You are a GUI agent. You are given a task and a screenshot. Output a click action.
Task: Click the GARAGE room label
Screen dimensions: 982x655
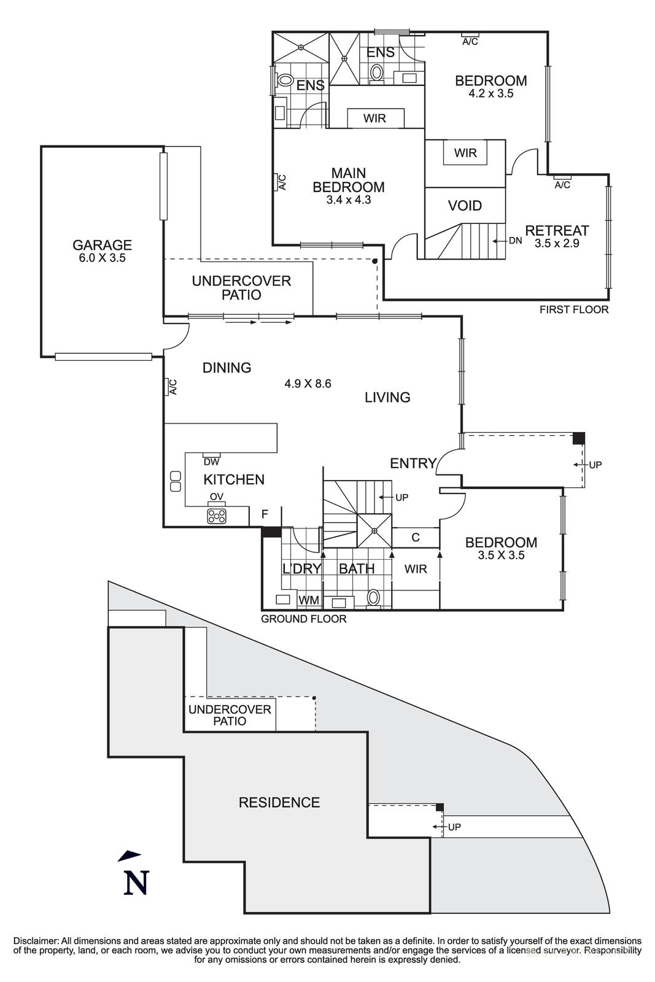coord(102,245)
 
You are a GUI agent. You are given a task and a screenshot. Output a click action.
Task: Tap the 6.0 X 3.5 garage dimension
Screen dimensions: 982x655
coord(102,258)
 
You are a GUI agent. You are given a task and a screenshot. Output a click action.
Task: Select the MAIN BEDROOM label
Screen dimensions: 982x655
coord(349,180)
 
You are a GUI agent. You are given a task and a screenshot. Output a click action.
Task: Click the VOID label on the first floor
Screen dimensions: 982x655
coord(465,206)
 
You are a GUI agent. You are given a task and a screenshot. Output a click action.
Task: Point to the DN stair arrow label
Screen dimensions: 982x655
coord(515,241)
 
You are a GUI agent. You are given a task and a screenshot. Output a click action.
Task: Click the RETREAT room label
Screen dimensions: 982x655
coord(557,231)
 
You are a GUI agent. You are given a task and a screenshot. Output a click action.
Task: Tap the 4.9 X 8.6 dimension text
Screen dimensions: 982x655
coord(308,384)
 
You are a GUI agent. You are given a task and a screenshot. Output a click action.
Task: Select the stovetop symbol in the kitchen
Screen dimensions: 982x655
coord(217,516)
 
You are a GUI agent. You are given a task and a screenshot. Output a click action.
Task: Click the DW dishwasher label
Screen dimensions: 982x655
coord(211,462)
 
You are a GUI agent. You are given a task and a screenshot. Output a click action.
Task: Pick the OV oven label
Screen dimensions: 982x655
coord(216,497)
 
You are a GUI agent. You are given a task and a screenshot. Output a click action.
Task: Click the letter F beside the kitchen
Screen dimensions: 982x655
coord(265,514)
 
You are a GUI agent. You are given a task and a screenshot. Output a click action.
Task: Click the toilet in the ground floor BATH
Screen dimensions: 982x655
coord(373,597)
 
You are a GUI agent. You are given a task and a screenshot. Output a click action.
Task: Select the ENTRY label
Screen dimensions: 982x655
coord(413,463)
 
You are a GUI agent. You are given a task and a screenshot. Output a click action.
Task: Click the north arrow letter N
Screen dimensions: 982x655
coord(136,883)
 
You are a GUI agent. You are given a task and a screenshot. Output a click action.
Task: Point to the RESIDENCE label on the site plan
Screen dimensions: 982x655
coord(279,802)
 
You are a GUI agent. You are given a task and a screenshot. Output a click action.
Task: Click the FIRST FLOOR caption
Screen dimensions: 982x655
coord(574,309)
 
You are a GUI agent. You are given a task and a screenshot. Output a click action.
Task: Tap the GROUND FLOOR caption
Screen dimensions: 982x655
coord(303,619)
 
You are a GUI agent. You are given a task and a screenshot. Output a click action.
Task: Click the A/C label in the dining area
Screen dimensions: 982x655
coord(172,387)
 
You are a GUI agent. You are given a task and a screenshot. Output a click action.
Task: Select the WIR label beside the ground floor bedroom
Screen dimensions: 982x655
coord(416,569)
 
